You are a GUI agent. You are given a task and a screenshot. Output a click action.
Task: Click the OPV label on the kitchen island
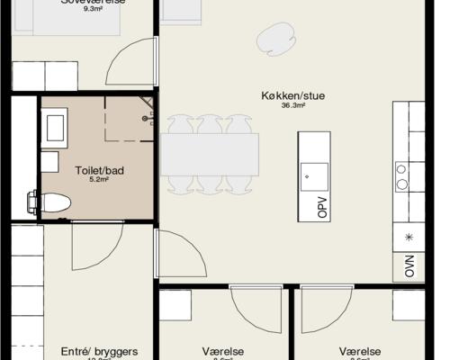322,210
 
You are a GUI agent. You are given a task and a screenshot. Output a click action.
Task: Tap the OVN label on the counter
409,266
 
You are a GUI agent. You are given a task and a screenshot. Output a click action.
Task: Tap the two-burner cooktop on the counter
402,176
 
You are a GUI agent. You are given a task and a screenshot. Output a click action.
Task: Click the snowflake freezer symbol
409,237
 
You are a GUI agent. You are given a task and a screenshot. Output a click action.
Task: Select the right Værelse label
360,351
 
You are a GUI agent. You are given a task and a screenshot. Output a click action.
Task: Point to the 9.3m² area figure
93,8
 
